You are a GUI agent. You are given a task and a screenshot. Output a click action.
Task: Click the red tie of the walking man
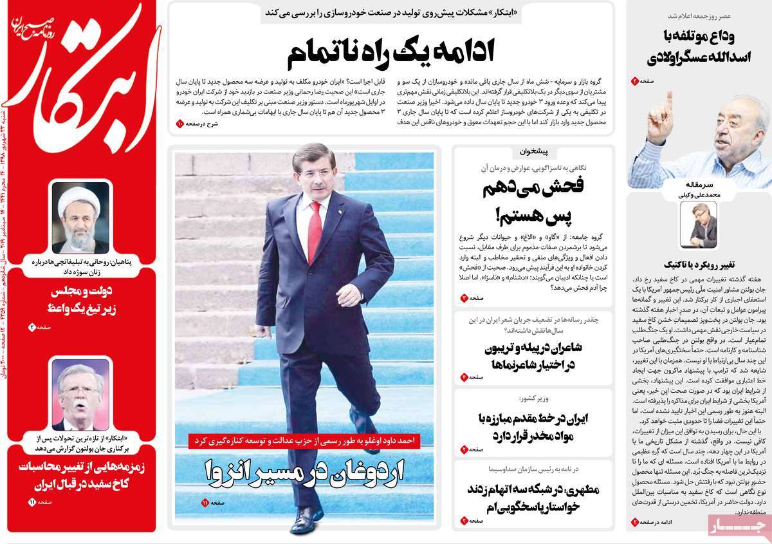click(x=315, y=229)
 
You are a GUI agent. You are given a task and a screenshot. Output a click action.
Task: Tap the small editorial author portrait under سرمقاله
click(x=699, y=225)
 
